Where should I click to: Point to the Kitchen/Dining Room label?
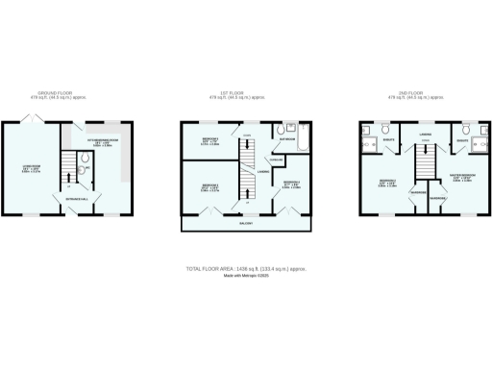(x=102, y=141)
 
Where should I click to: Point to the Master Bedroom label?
(x=461, y=177)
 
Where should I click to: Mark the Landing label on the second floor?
(x=424, y=133)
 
